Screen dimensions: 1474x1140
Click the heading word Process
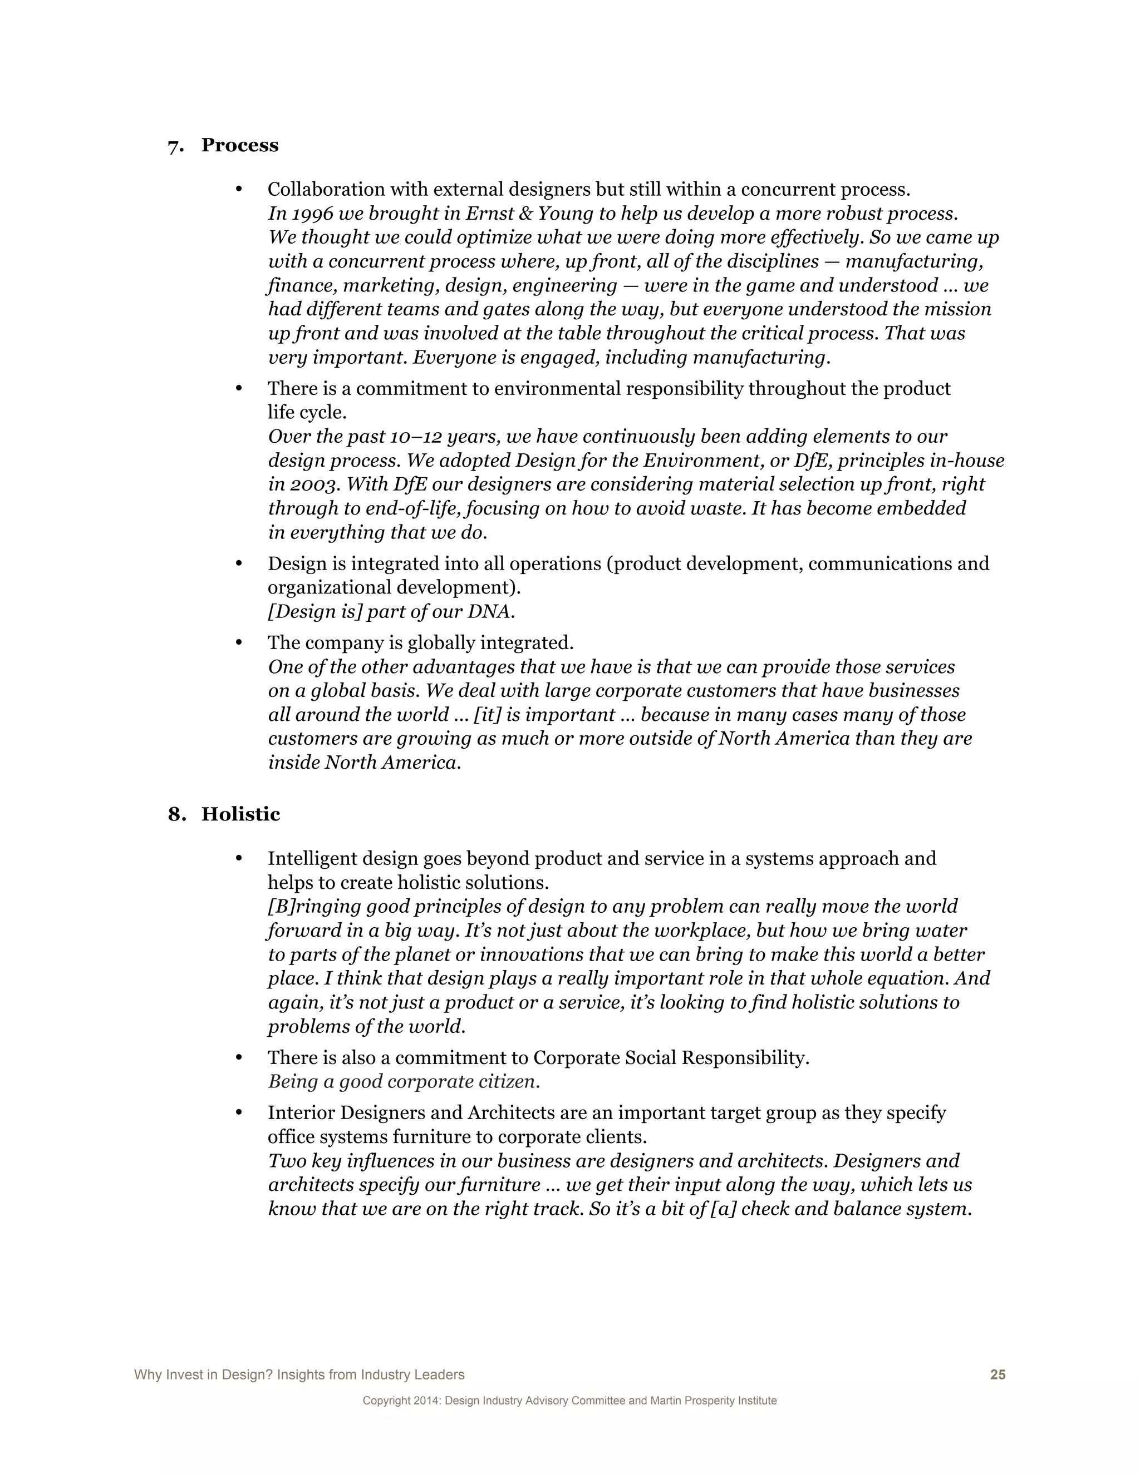240,145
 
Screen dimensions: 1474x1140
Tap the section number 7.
175,146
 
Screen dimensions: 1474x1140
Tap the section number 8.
176,815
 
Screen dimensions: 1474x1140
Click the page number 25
997,1375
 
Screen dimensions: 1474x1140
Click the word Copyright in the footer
386,1401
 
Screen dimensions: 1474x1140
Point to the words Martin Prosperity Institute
713,1401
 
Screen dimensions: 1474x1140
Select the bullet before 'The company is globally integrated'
238,642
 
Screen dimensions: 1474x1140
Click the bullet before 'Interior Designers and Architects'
238,1113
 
